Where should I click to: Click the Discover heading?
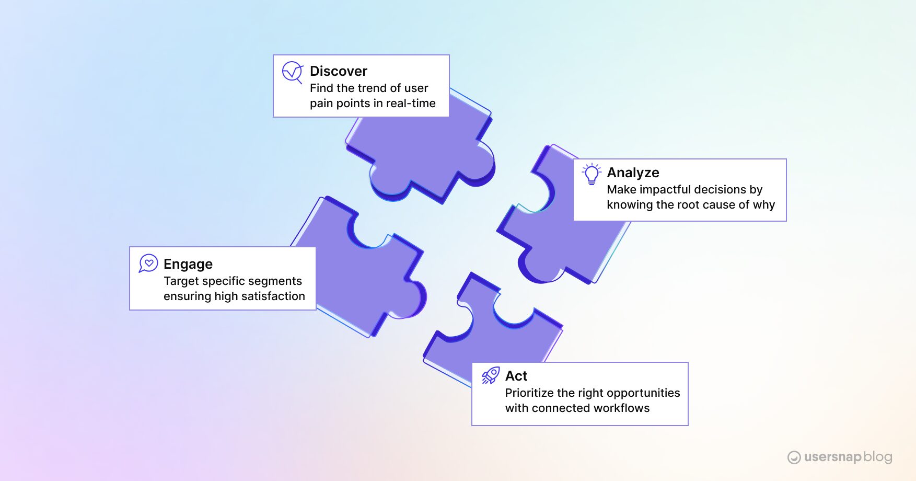click(x=339, y=71)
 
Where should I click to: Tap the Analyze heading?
click(x=633, y=173)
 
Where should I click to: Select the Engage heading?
click(x=188, y=264)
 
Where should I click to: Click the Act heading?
click(x=516, y=376)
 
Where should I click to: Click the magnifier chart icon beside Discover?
click(x=292, y=72)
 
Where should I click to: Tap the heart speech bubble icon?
click(x=148, y=263)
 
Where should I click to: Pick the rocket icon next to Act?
click(x=491, y=375)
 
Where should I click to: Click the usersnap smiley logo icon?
click(x=794, y=457)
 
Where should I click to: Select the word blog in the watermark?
click(x=878, y=456)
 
